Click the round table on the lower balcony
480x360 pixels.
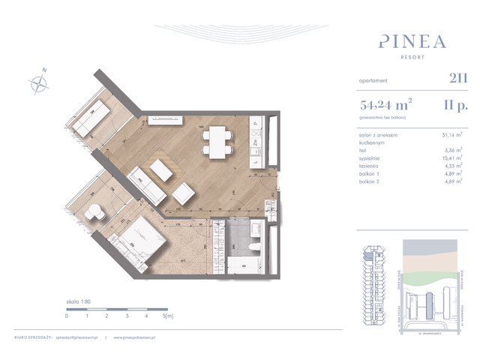pos(94,213)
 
